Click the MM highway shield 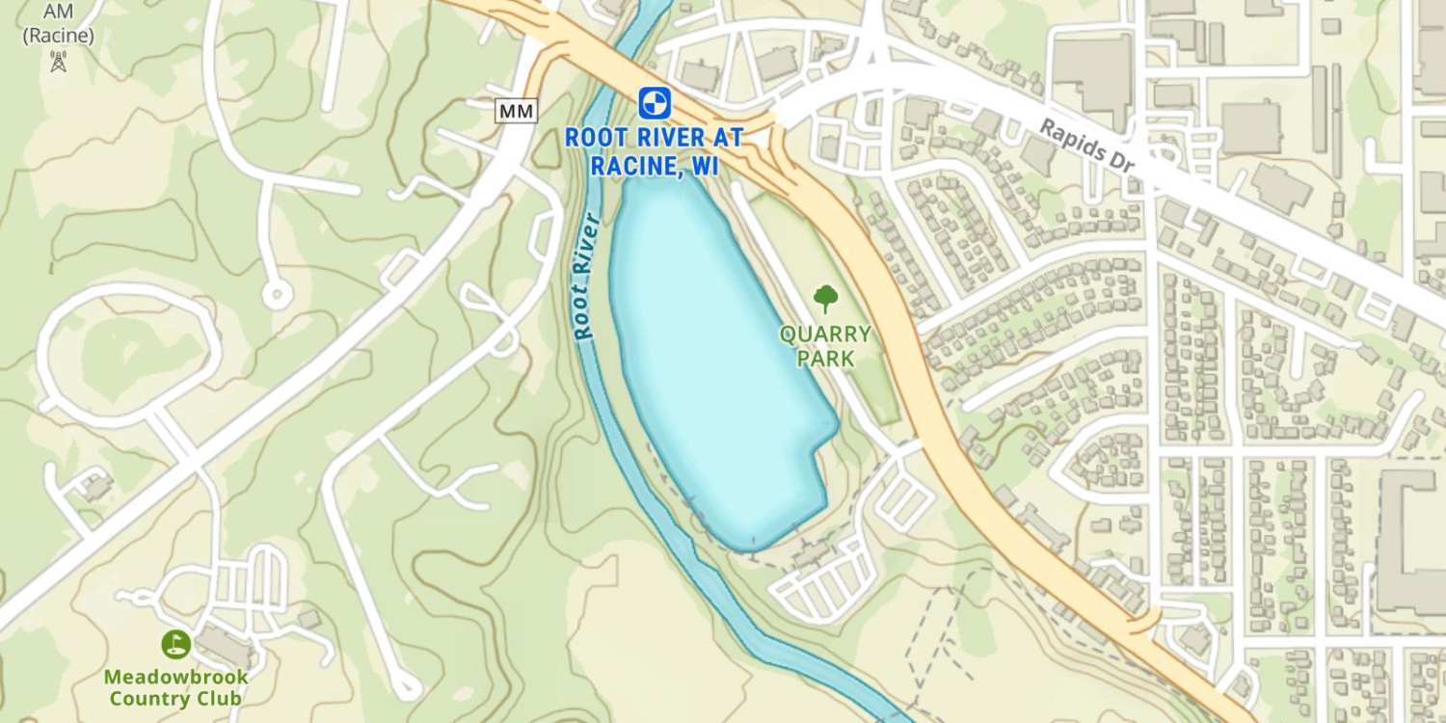[516, 111]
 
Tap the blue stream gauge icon [654, 102]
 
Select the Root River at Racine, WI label [654, 151]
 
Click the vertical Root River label [584, 276]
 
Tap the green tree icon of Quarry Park [825, 298]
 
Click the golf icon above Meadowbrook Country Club [175, 644]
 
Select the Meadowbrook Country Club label [175, 687]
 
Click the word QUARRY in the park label [825, 335]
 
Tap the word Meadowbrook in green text [175, 677]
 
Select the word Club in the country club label [219, 699]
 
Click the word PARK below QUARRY [825, 360]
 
